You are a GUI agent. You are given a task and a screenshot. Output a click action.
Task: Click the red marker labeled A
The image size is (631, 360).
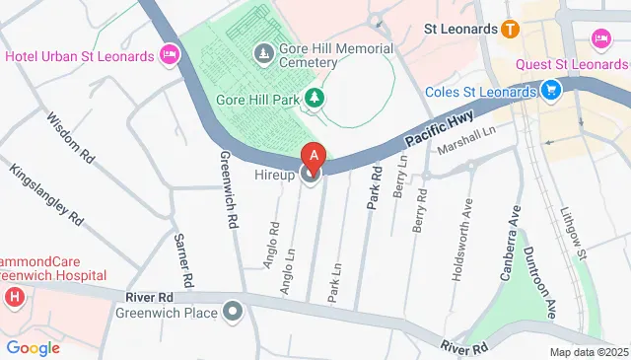click(x=314, y=156)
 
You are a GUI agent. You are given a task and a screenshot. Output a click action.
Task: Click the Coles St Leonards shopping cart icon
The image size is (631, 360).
click(x=551, y=93)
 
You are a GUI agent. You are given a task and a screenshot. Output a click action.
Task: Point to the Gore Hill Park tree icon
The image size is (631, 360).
click(x=314, y=97)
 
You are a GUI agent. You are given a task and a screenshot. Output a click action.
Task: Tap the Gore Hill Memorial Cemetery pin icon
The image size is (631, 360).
click(x=263, y=51)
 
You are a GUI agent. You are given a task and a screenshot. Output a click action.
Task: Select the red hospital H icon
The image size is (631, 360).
click(x=14, y=297)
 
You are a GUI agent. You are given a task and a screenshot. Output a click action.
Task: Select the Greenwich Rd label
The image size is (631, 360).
click(x=229, y=189)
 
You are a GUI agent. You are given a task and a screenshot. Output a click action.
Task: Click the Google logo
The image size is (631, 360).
click(x=33, y=347)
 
